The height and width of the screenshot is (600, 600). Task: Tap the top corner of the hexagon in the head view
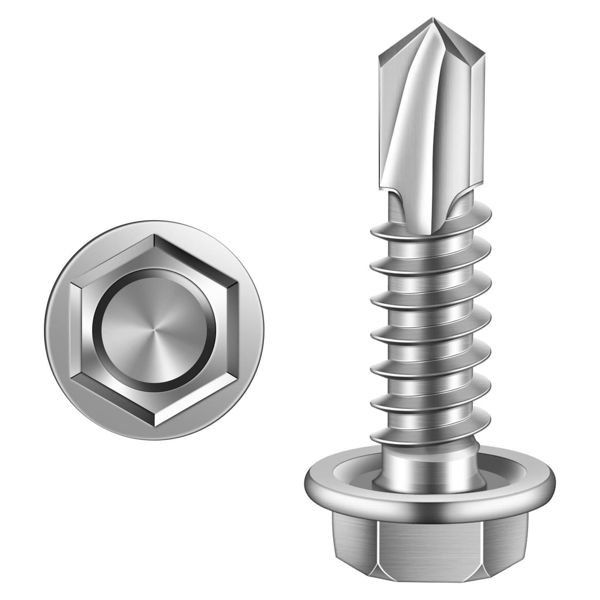154,236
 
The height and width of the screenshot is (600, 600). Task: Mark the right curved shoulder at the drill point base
459,202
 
